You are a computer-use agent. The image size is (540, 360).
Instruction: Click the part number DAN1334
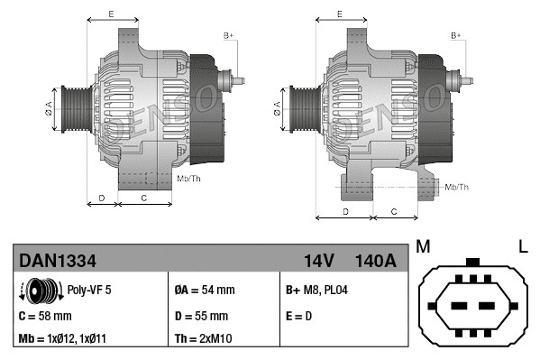coord(58,260)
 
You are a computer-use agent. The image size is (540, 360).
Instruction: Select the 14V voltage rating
coord(318,260)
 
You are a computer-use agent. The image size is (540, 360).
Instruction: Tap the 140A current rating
coord(375,260)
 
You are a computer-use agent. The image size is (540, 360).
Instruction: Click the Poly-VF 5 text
coord(89,291)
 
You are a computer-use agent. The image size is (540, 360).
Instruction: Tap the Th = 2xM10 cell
coord(203,340)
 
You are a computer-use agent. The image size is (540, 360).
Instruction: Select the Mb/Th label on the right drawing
coord(457,187)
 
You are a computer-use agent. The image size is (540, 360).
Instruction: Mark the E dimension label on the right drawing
coord(338,14)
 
